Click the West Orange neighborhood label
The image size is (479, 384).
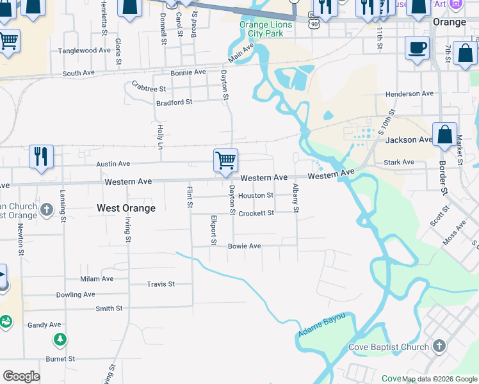coord(126,208)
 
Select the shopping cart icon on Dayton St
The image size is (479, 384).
coord(225,160)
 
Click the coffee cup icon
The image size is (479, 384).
coord(417,47)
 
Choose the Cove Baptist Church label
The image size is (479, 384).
coord(388,348)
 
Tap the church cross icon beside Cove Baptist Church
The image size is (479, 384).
coord(439,346)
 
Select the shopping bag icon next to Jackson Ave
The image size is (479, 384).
coord(444,135)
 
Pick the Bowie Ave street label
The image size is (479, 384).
coord(245,246)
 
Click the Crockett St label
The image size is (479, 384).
coord(256,213)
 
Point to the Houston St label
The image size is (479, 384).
coord(256,195)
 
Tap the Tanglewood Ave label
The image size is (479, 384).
coord(85,51)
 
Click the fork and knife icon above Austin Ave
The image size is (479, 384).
coord(41,156)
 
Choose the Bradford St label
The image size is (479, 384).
coord(174,102)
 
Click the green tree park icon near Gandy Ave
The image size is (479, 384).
coord(60,339)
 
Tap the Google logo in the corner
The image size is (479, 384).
coord(21,376)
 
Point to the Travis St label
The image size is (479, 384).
coord(161,284)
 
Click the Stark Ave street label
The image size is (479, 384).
coord(399,163)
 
